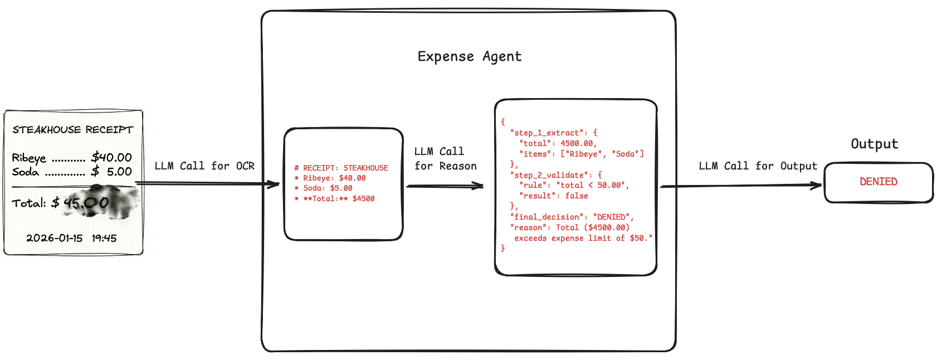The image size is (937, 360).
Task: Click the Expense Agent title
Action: (469, 56)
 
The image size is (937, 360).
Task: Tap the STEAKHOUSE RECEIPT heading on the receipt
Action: (73, 130)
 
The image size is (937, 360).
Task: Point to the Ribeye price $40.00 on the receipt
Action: (111, 157)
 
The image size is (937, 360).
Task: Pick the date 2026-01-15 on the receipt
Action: (54, 238)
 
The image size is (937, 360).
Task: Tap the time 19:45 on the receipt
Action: (104, 238)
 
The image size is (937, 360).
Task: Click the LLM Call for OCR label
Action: (204, 166)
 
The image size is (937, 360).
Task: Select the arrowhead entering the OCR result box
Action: (274, 184)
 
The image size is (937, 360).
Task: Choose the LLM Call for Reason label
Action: (445, 159)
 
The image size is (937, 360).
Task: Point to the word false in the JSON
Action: (577, 196)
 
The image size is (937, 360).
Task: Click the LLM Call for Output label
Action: (758, 166)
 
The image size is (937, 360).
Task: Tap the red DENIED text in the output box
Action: (879, 182)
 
